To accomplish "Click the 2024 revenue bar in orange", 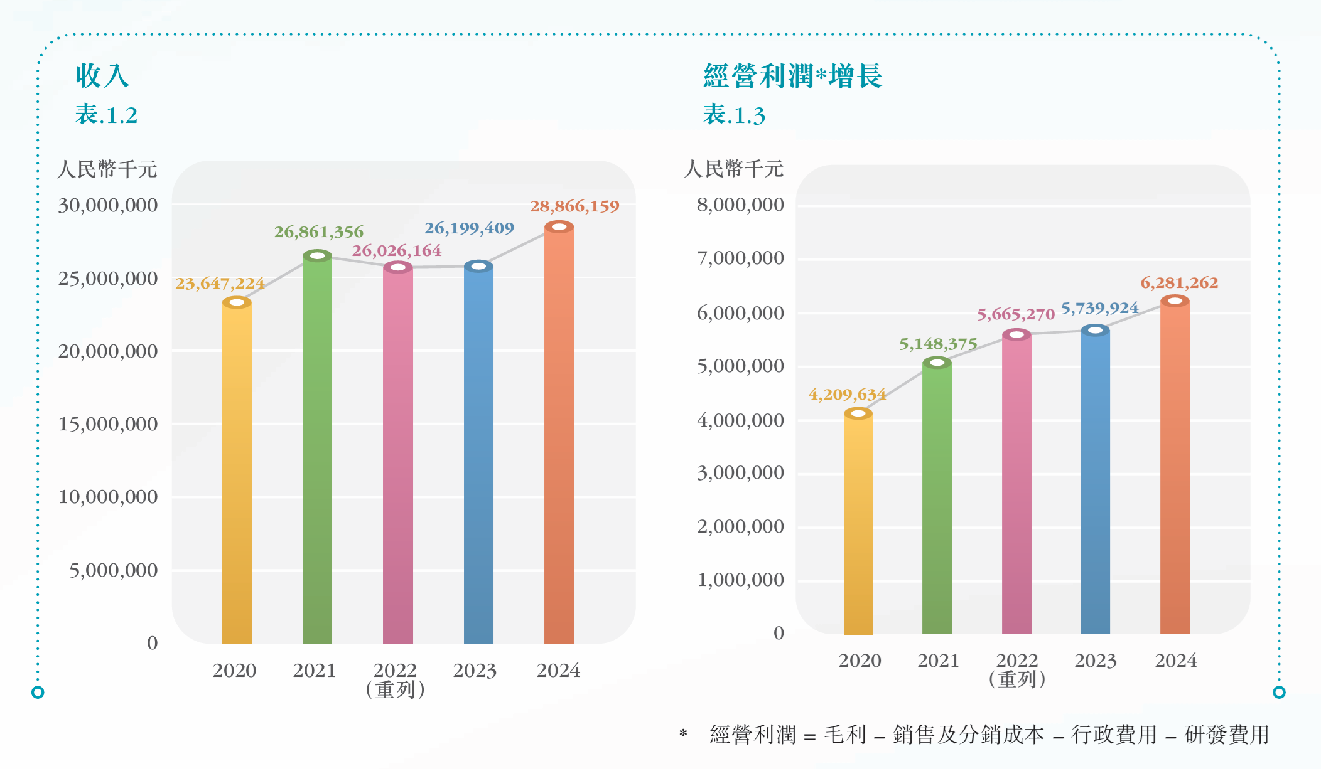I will (x=559, y=439).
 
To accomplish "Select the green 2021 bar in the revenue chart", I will (x=317, y=452).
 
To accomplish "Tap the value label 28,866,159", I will (x=574, y=206).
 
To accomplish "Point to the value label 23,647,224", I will (x=220, y=284).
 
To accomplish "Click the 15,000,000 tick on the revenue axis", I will (x=108, y=425).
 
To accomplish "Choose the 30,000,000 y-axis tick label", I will (x=108, y=206).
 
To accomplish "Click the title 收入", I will (x=102, y=77).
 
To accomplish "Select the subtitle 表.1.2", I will (x=106, y=115).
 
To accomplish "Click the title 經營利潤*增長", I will (x=793, y=77).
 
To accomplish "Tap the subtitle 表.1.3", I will (x=734, y=115).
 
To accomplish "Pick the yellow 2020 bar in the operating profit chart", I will (x=858, y=527).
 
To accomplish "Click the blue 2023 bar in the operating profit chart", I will (x=1095, y=483).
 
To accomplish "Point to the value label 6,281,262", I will (x=1179, y=283).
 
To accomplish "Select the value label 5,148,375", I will (x=938, y=344).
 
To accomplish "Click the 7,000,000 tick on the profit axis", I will (x=740, y=258).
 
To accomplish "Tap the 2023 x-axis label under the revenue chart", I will (x=475, y=671).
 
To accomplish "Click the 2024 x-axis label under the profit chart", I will (x=1176, y=661).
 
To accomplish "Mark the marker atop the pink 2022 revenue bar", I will (x=398, y=267).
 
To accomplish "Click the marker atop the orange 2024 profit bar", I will (x=1175, y=301).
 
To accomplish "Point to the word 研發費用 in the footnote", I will (x=1227, y=735).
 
